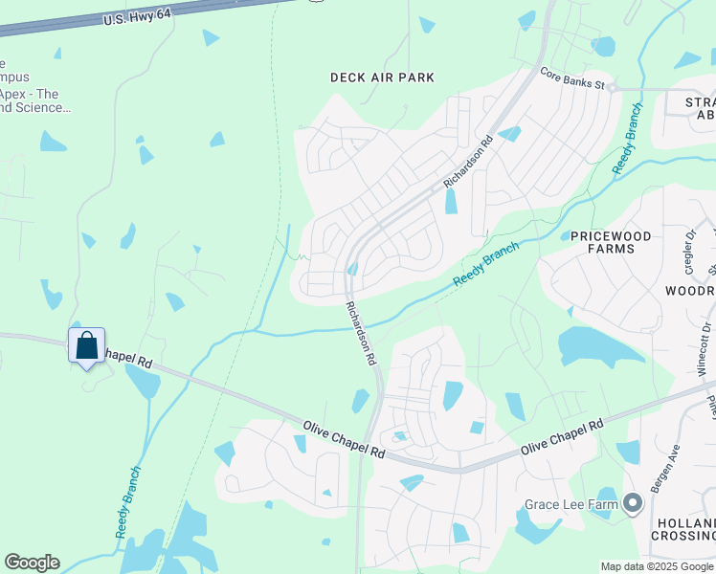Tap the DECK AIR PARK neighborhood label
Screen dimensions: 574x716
coord(382,77)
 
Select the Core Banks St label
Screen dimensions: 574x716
coord(572,78)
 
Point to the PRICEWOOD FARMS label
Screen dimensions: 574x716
coord(610,242)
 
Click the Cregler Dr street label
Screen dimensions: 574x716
coord(690,247)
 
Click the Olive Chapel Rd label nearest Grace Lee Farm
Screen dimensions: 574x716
coord(562,438)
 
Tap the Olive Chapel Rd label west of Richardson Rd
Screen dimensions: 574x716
coord(344,439)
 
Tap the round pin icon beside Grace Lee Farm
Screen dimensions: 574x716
coord(632,502)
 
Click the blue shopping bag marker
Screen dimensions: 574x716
coord(86,345)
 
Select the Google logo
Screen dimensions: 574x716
coord(32,563)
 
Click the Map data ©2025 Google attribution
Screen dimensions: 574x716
coord(658,566)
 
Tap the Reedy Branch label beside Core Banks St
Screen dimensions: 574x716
coord(627,138)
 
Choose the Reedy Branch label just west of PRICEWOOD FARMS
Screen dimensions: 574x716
coord(486,262)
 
